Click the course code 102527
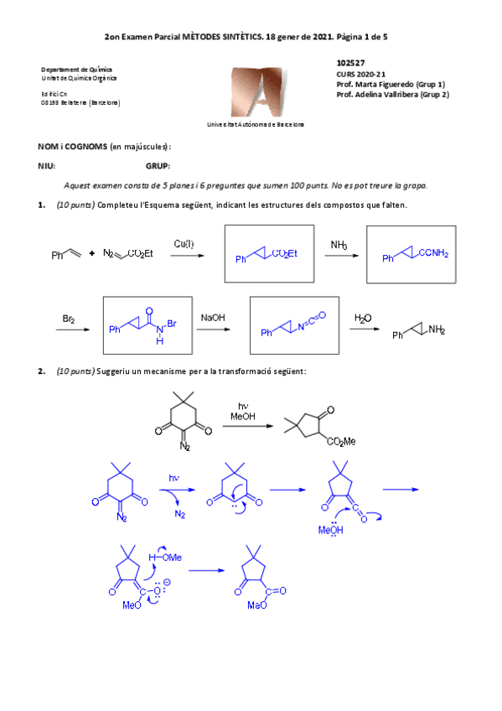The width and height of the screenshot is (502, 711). [350, 63]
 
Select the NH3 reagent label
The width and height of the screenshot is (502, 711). [339, 246]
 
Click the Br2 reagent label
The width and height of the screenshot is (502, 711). [70, 319]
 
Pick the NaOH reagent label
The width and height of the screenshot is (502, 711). [211, 318]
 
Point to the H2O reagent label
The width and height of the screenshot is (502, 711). [363, 318]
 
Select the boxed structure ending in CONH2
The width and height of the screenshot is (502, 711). [411, 255]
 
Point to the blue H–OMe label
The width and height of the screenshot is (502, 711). [167, 556]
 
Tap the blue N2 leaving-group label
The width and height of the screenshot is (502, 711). [179, 514]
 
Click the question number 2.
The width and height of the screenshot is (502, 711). [41, 371]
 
